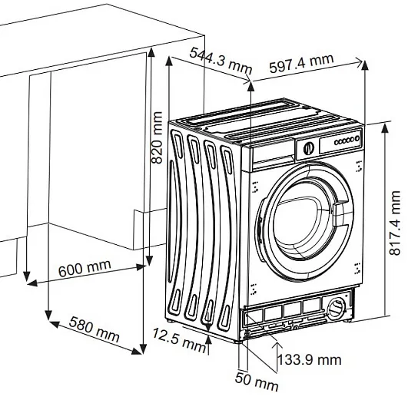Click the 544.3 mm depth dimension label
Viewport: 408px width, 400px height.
(x=221, y=61)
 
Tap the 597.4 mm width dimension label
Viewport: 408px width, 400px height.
(x=301, y=63)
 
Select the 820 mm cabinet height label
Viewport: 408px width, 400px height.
(x=157, y=137)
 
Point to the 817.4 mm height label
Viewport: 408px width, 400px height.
(x=394, y=223)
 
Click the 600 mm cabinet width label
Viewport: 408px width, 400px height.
(x=85, y=268)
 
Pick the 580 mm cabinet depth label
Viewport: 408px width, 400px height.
(x=95, y=329)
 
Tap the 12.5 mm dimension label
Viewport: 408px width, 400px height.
(x=179, y=339)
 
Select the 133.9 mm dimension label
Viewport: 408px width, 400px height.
(x=310, y=360)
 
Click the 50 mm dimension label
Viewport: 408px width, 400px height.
(x=257, y=382)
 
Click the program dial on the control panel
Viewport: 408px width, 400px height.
(x=309, y=148)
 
